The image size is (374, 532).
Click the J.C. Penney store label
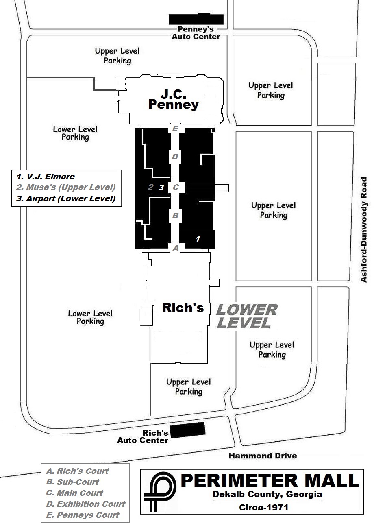pos(173,100)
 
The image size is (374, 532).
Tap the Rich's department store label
pos(183,307)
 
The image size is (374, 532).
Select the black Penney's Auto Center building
pos(196,19)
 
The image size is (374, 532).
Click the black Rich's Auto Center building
pos(187,430)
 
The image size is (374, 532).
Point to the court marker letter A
pos(176,248)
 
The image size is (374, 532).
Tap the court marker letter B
pos(175,216)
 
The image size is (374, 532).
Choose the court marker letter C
pos(176,188)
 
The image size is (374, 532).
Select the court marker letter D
pos(175,157)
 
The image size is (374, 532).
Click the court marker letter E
pos(175,129)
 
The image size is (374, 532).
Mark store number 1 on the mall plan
pos(198,239)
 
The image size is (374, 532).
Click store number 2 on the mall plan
pos(150,188)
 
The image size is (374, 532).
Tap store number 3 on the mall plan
pos(161,188)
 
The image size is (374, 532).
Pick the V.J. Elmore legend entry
pos(46,177)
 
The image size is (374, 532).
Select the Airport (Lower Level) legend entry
pos(66,198)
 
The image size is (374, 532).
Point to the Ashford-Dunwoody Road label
pos(364,229)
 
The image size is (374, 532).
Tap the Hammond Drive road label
pos(263,456)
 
